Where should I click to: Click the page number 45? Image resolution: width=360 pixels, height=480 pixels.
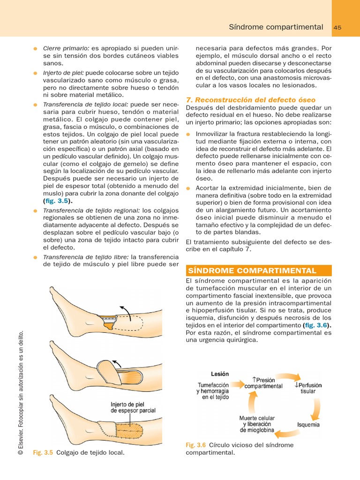coord(337,28)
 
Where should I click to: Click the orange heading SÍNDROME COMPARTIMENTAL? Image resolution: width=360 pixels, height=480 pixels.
coord(252,271)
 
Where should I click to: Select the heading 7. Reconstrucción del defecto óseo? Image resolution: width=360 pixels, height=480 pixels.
coord(251,100)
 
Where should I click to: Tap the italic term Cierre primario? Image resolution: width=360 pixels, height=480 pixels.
coord(66,48)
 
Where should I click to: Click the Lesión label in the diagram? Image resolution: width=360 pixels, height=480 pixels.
coord(220,374)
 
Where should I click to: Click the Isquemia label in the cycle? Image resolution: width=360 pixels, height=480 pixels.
coord(308,425)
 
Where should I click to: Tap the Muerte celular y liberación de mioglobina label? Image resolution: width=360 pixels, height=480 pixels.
coord(257,424)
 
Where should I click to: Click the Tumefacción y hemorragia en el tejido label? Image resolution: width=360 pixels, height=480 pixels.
coord(213,390)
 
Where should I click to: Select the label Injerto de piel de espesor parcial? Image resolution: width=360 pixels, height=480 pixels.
coord(133,407)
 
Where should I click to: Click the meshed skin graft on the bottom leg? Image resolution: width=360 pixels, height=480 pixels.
coord(133,428)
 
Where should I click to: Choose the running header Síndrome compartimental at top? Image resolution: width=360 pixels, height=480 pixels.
coord(276,27)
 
